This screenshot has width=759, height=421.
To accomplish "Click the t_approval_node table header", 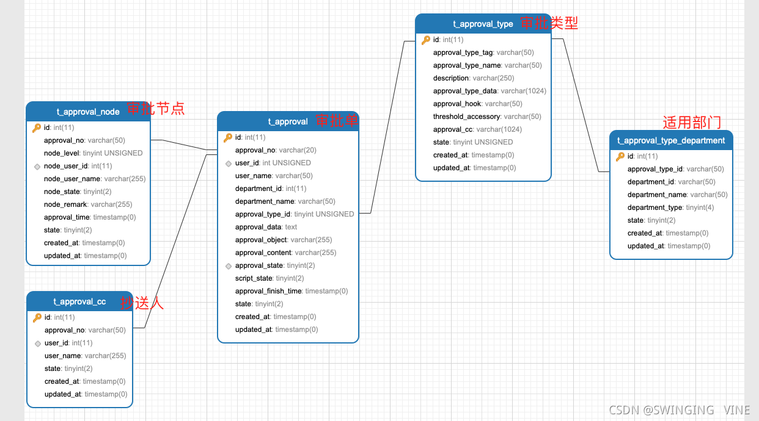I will pyautogui.click(x=88, y=112).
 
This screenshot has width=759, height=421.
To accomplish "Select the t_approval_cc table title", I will pyautogui.click(x=79, y=301).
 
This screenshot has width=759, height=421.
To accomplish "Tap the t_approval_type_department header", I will pyautogui.click(x=671, y=140).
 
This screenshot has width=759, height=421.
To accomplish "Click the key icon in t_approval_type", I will pyautogui.click(x=426, y=40).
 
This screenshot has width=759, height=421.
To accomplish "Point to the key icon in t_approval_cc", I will pyautogui.click(x=37, y=317).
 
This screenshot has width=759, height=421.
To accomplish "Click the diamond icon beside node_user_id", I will pyautogui.click(x=37, y=166).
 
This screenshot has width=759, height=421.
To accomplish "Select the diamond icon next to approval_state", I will pyautogui.click(x=229, y=266).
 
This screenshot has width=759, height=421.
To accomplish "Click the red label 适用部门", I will pyautogui.click(x=692, y=123).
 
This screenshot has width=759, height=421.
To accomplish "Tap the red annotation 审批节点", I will pyautogui.click(x=155, y=109).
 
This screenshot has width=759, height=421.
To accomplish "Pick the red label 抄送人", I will pyautogui.click(x=142, y=303).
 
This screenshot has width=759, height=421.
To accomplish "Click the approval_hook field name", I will pyautogui.click(x=457, y=104).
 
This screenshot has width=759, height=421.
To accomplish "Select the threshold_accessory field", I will pyautogui.click(x=467, y=117).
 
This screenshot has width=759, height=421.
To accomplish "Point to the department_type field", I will pyautogui.click(x=655, y=207).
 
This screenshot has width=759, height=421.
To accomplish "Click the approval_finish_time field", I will pyautogui.click(x=268, y=291).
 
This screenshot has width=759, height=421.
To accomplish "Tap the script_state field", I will pyautogui.click(x=253, y=278).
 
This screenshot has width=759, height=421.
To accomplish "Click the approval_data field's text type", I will pyautogui.click(x=291, y=227).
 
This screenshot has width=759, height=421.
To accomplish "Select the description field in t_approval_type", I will pyautogui.click(x=451, y=78).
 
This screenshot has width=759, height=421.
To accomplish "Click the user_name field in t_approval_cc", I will pyautogui.click(x=63, y=356).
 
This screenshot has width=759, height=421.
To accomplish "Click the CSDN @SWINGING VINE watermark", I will pyautogui.click(x=679, y=410).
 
